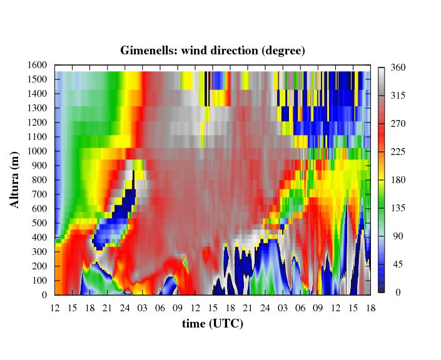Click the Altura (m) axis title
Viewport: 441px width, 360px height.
[14, 180]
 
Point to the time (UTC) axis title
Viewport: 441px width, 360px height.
[213, 324]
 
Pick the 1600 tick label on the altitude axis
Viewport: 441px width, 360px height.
[37, 65]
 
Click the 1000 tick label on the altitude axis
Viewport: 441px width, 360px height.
[37, 151]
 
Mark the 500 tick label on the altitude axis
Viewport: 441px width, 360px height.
[39, 223]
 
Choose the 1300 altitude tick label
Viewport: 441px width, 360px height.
[37, 108]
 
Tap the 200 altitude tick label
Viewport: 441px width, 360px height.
[39, 266]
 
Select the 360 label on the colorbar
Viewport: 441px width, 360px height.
[398, 67]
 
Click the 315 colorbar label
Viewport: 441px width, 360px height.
[398, 96]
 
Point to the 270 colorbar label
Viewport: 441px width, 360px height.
[398, 124]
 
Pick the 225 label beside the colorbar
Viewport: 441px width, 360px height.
[398, 152]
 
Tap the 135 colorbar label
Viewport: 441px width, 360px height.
[398, 208]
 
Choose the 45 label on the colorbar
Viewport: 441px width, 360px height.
[398, 264]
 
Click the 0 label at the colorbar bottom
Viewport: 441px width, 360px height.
[398, 292]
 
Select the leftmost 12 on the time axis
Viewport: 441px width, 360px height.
[55, 308]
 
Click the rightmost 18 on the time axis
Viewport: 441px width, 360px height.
[371, 308]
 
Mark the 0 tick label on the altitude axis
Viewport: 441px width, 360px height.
[44, 295]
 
